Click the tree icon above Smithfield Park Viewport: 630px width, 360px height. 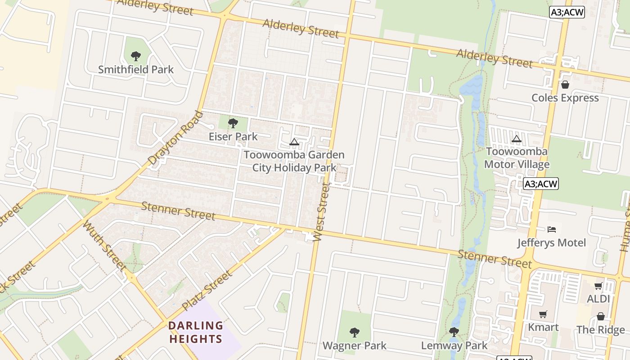(136, 56)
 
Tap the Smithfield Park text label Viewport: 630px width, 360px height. (136, 70)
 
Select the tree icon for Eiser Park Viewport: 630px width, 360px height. (233, 123)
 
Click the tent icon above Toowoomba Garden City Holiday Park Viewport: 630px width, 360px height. (294, 142)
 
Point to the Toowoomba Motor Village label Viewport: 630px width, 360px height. (517, 157)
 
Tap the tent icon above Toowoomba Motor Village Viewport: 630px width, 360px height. (517, 139)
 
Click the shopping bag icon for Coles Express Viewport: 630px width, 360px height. (565, 85)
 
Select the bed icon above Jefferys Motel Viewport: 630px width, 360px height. (552, 229)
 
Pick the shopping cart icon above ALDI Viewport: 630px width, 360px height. (598, 286)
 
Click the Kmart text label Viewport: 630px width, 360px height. (543, 327)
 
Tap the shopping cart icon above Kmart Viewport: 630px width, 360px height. (543, 314)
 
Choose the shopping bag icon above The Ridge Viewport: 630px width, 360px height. (601, 316)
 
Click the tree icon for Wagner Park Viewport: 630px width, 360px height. (355, 333)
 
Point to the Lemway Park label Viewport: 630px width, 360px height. (454, 346)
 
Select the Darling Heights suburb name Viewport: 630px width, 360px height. (195, 332)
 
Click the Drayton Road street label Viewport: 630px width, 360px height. (175, 137)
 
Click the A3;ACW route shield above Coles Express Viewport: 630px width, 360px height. (567, 12)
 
